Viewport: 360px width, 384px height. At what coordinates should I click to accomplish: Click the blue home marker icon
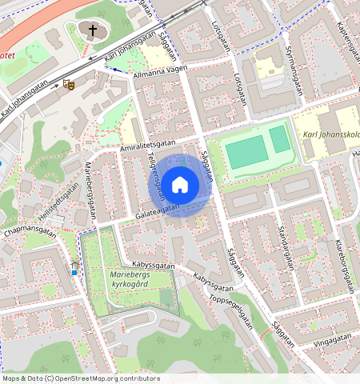pos(180,185)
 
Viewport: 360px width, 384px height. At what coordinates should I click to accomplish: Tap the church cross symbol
pos(93,31)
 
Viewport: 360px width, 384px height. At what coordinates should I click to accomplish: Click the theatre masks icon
pos(69,82)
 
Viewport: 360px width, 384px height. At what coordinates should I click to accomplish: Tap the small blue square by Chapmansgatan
pos(74,272)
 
